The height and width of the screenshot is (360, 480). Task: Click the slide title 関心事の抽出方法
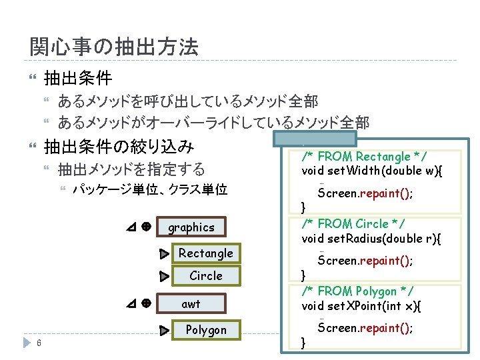(x=114, y=47)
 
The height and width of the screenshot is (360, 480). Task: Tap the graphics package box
(x=191, y=227)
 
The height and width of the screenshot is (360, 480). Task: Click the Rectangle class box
(x=205, y=253)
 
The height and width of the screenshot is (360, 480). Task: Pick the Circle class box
(x=205, y=275)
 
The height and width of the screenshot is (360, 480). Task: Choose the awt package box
(x=191, y=304)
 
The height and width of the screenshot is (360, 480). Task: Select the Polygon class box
(x=205, y=330)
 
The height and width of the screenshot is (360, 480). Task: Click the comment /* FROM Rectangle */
(x=364, y=157)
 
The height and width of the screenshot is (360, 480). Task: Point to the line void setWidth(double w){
(x=372, y=171)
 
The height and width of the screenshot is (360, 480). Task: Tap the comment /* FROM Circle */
(x=354, y=223)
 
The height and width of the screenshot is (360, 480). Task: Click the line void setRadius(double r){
(x=371, y=238)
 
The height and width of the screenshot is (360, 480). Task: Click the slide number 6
(x=40, y=343)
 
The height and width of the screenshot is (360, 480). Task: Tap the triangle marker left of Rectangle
(x=164, y=254)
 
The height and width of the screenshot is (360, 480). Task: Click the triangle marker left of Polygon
(x=164, y=331)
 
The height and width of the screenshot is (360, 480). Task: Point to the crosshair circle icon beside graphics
(x=145, y=227)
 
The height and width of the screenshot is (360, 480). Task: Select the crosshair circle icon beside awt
(x=145, y=303)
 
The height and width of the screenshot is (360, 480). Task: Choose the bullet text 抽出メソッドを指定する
(x=131, y=169)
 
